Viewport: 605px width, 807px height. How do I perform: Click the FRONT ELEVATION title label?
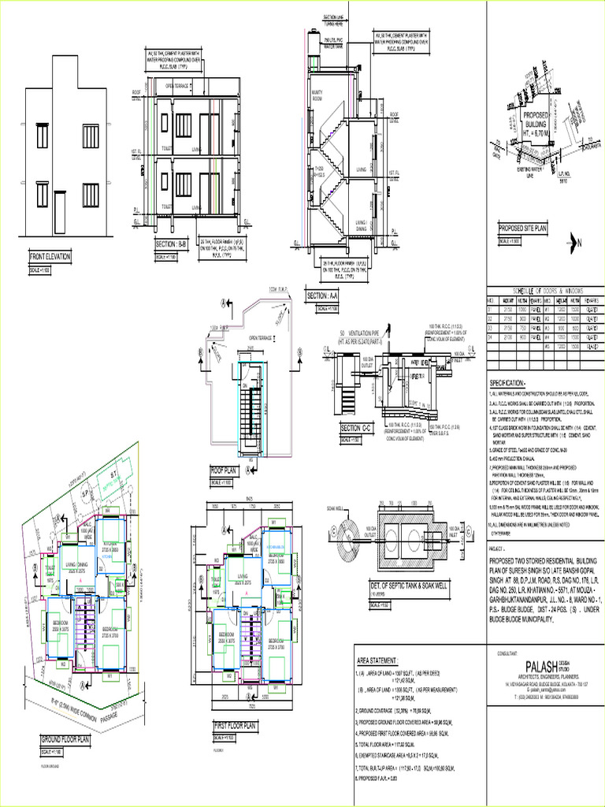pos(50,257)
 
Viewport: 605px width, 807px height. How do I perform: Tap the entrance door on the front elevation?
pos(60,213)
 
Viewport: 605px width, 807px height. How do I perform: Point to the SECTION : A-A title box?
pos(321,296)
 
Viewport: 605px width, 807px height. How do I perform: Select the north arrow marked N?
pos(577,243)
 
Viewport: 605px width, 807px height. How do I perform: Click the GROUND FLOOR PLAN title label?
pos(65,739)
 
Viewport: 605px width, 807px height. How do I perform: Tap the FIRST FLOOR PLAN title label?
pos(235,725)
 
